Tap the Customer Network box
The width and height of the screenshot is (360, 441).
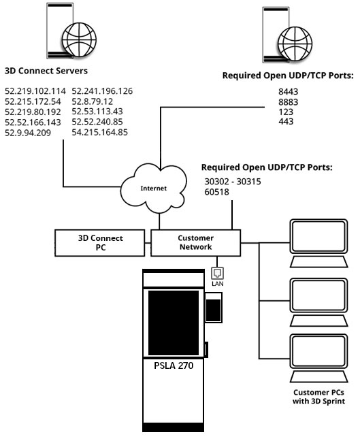pos(195,242)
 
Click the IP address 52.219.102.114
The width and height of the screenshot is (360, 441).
pos(35,91)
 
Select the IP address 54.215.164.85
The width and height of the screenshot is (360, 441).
pos(99,132)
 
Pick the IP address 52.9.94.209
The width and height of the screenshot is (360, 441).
pos(29,132)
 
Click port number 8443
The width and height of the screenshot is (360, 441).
pos(289,91)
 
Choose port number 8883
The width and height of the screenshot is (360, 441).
pos(289,101)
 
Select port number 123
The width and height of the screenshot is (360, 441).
pos(287,111)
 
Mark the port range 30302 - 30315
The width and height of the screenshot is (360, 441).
pos(233,182)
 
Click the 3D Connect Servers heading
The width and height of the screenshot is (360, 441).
pos(46,69)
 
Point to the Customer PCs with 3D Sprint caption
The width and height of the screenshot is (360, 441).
pos(318,396)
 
